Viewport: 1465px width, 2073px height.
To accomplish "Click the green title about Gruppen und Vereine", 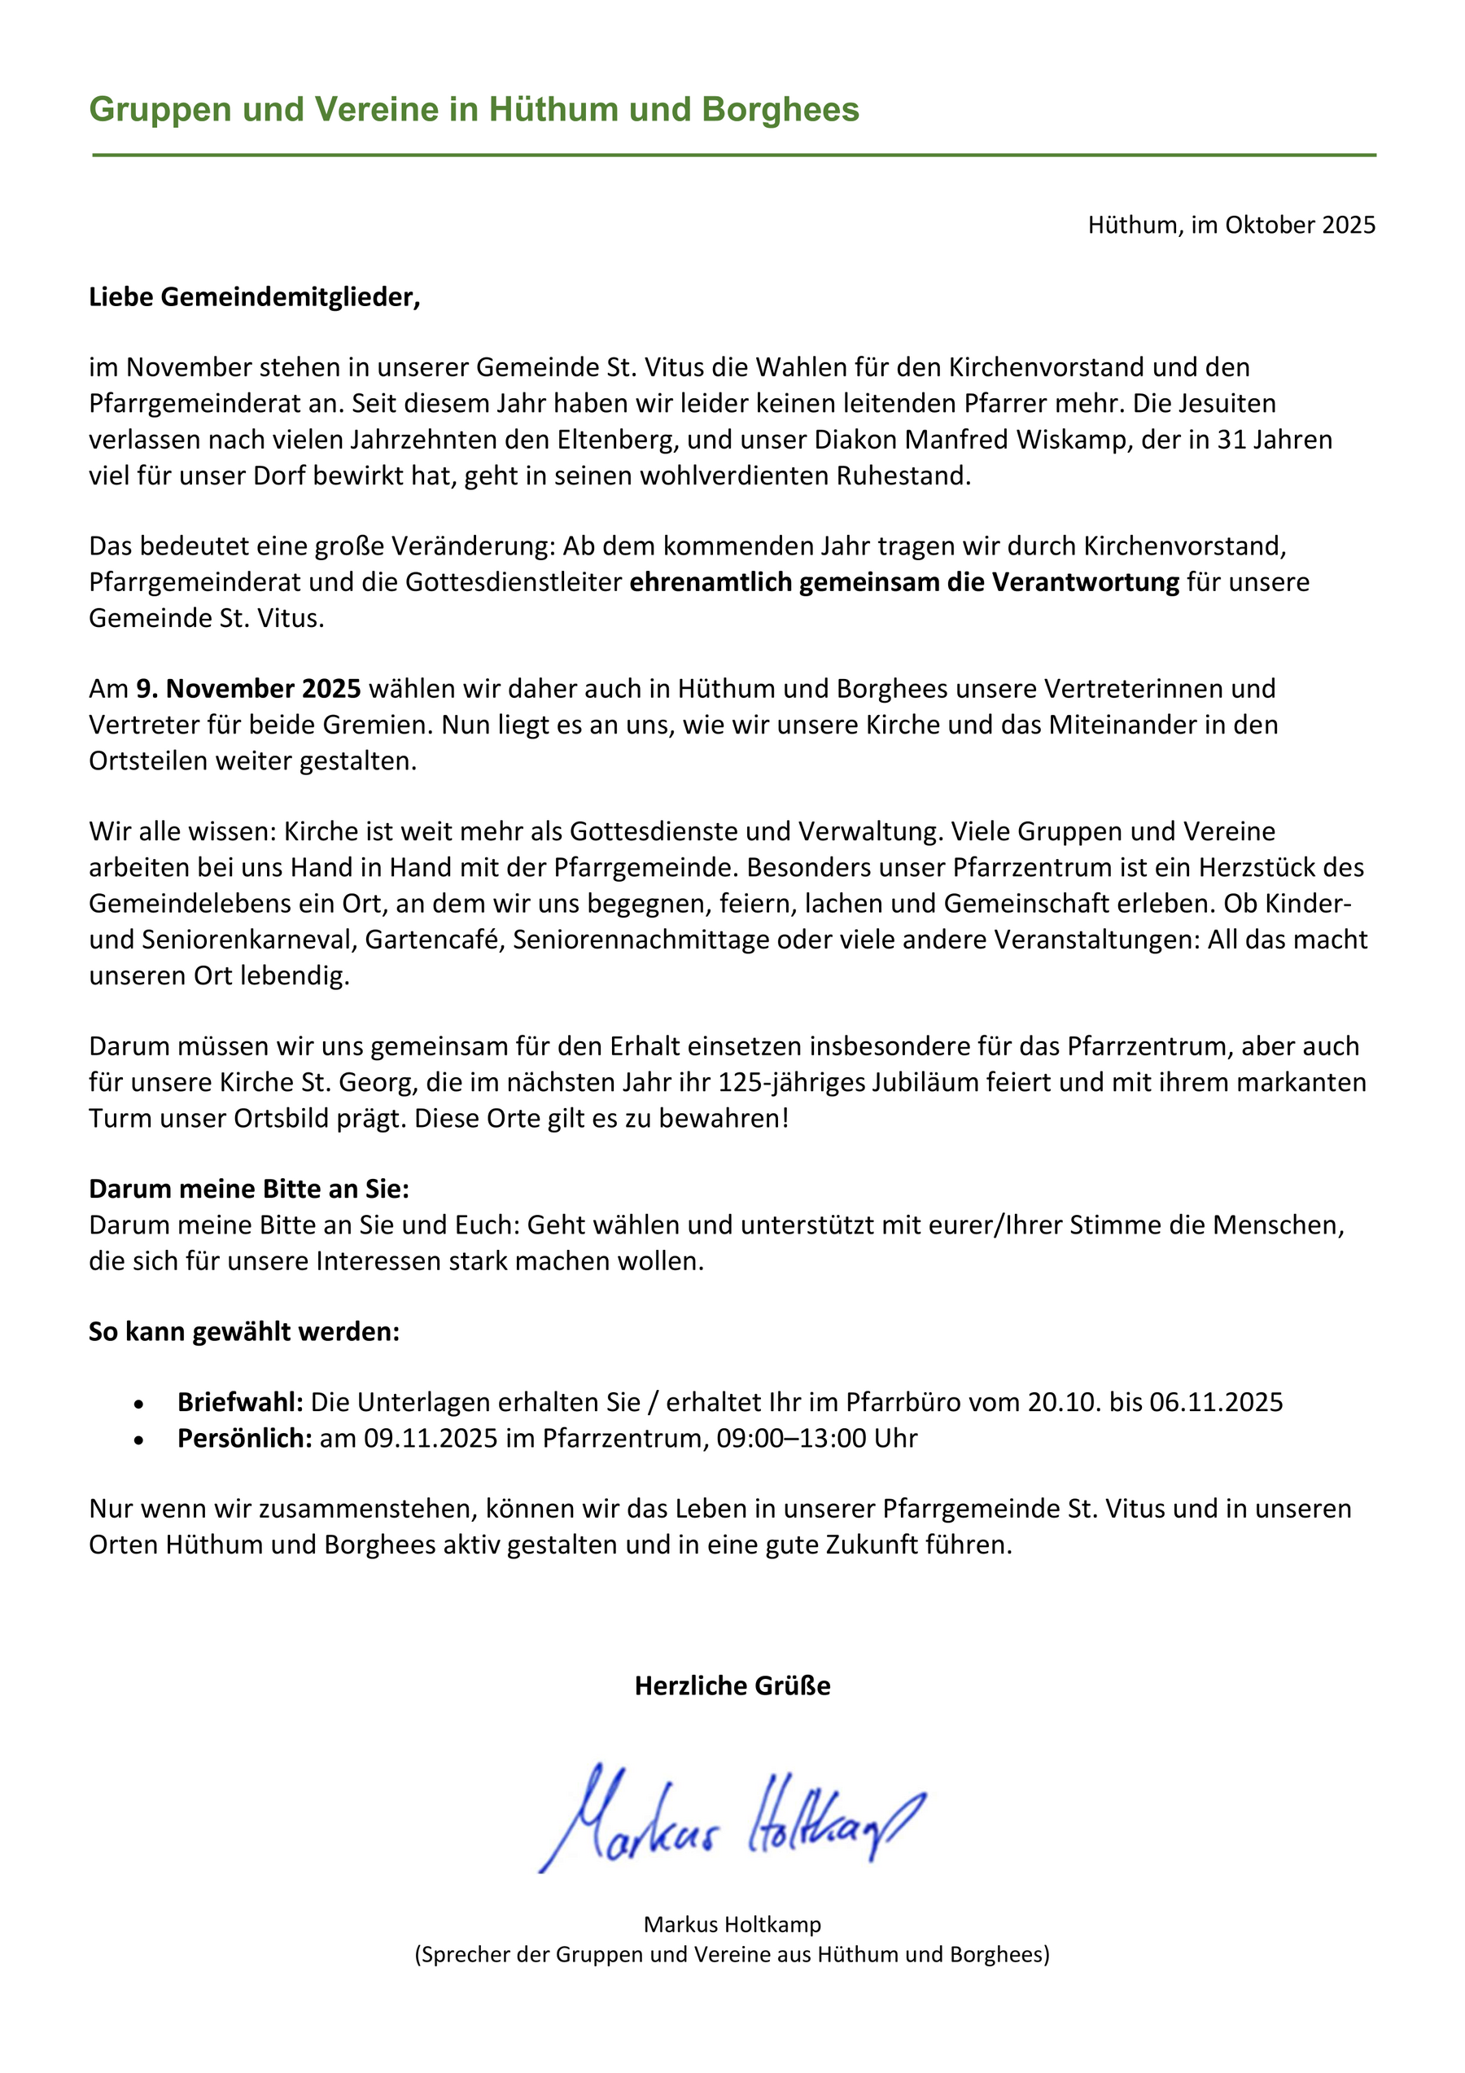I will [474, 109].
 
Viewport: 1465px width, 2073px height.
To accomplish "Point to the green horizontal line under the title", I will [733, 156].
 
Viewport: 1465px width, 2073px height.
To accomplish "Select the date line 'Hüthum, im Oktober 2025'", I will [1231, 225].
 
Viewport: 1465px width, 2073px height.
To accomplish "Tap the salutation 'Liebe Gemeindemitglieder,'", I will [255, 297].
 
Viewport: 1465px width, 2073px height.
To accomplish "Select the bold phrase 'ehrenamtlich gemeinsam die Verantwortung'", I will [903, 582].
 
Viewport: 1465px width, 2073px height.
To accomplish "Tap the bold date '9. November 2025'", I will [248, 689].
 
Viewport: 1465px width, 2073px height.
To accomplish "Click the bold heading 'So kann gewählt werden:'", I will [243, 1332].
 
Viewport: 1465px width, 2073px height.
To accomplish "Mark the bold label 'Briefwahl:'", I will [240, 1402].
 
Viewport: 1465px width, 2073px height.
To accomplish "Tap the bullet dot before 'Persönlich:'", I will [138, 1440].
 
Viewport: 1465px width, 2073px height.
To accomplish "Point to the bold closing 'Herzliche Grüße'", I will [732, 1685].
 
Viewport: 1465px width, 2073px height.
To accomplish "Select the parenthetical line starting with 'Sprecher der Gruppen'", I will [732, 1955].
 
